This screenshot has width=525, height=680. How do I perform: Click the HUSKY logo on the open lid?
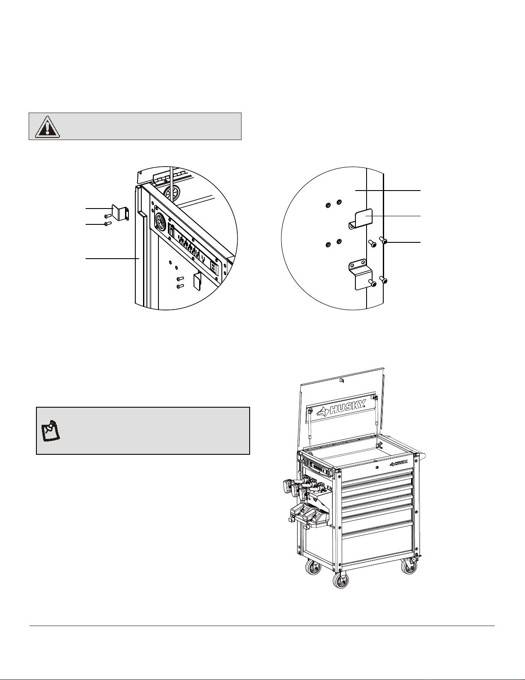click(341, 409)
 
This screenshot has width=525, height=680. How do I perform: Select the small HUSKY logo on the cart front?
click(399, 463)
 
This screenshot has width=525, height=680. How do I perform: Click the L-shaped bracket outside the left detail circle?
click(120, 213)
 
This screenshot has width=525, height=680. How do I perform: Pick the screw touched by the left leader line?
click(109, 224)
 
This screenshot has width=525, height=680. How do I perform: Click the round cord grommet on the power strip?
click(160, 218)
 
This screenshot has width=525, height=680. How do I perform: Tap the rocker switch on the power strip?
click(171, 231)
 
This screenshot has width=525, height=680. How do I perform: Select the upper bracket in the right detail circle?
click(361, 218)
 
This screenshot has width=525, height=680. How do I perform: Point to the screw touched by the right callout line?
click(384, 240)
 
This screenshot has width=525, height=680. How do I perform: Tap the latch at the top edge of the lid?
click(341, 381)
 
